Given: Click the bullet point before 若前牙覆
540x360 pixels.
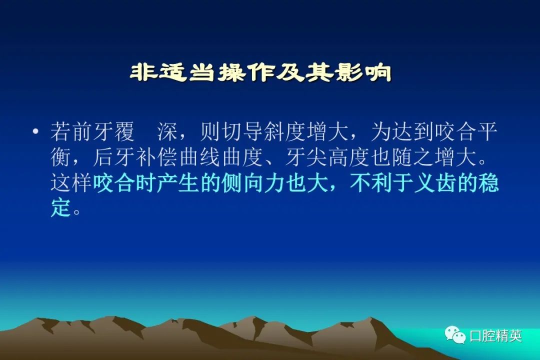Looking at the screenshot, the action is click(x=35, y=131).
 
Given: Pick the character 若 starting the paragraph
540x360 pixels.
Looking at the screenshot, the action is click(x=60, y=131).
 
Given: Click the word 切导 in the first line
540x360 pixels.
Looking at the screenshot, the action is click(x=242, y=131).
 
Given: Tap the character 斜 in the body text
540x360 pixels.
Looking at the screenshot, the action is click(x=274, y=131).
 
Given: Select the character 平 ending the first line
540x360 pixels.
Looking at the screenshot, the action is click(x=487, y=131).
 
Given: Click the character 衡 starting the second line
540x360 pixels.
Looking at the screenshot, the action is click(x=60, y=157).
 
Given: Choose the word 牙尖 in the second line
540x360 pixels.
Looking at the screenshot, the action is click(x=306, y=157).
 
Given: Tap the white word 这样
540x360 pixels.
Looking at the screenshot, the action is click(x=71, y=182).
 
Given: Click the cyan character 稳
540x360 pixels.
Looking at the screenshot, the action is click(x=488, y=182).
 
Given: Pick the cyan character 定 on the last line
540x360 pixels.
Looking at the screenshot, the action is click(x=60, y=207).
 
